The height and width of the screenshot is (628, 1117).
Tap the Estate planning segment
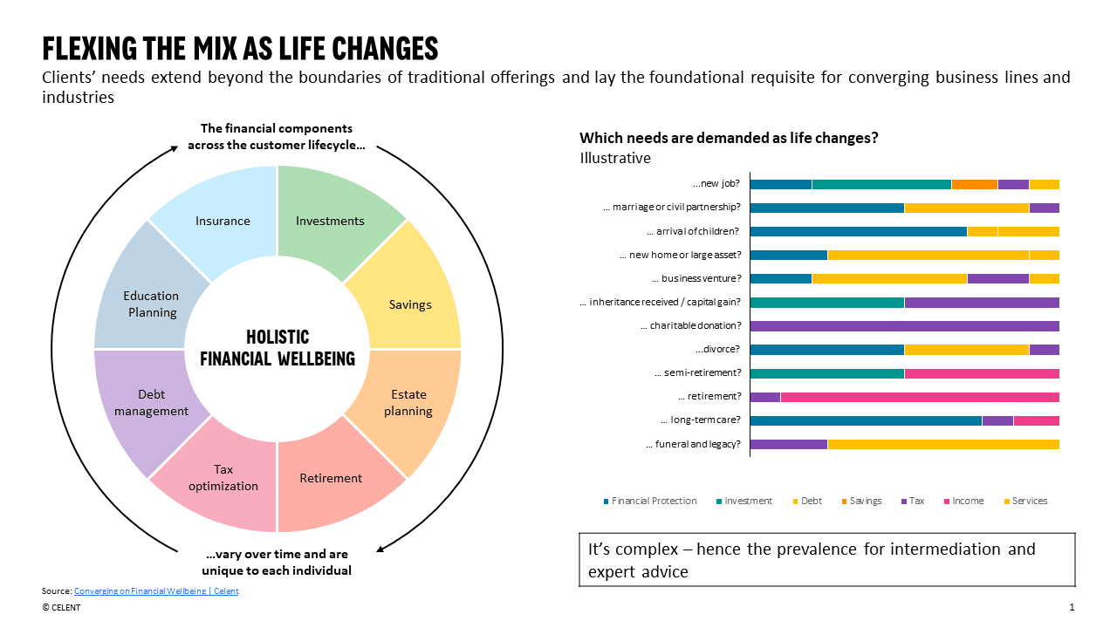pos(408,402)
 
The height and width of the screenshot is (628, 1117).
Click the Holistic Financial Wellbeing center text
pos(278,348)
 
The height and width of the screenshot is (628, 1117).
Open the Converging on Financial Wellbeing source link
pos(156,591)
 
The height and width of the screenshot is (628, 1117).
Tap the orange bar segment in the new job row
pos(974,184)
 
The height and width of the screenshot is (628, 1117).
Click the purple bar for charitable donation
pos(904,326)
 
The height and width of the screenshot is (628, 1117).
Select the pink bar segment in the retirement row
pos(920,397)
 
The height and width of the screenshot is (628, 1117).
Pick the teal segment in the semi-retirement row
pos(826,373)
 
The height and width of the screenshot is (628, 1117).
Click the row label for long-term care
pos(700,420)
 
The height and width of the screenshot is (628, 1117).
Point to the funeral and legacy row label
pos(693,444)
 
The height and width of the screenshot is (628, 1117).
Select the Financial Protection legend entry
pos(654,502)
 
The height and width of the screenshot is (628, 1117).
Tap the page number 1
pos(1072,607)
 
